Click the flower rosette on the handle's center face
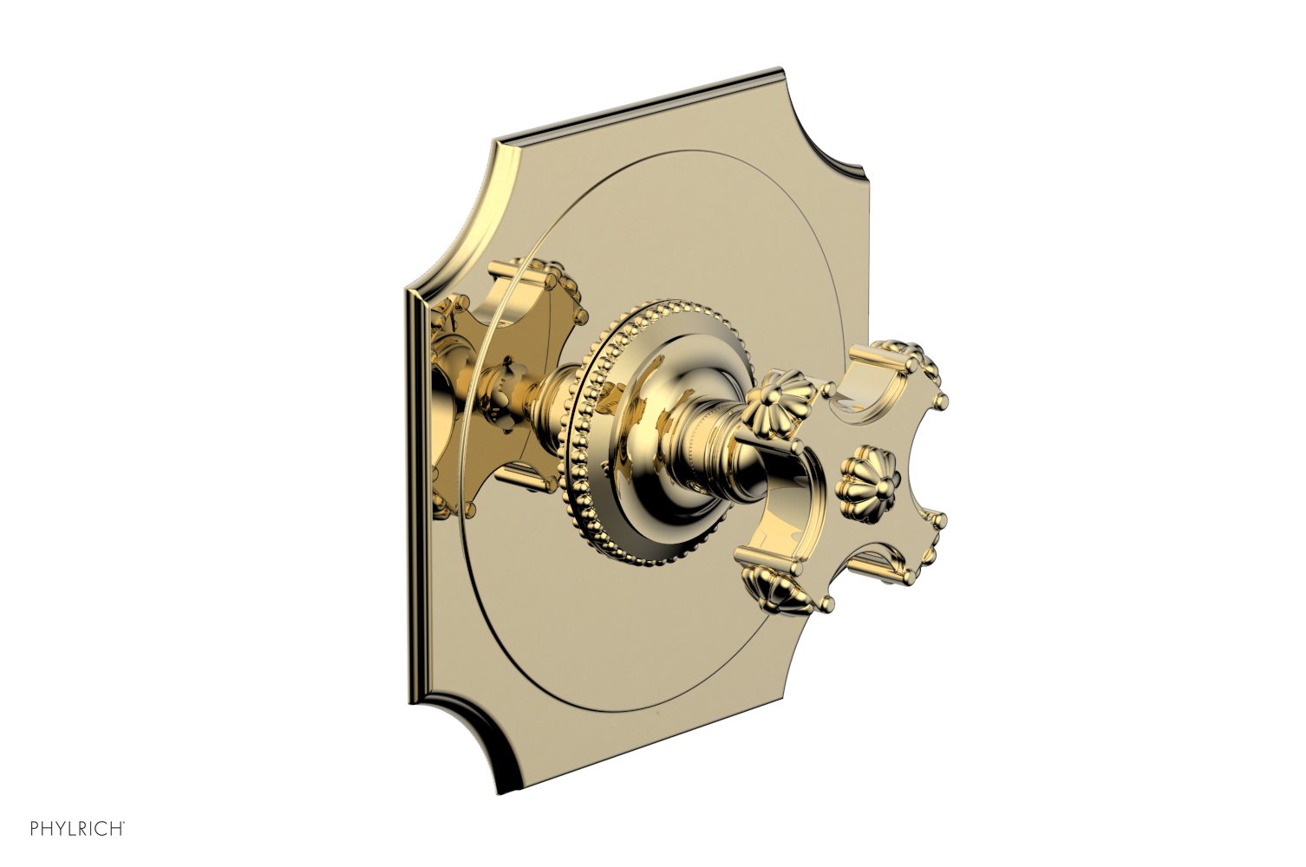pyautogui.click(x=861, y=473)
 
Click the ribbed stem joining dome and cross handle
pyautogui.click(x=707, y=442)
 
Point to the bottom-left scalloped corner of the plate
pyautogui.click(x=486, y=746)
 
